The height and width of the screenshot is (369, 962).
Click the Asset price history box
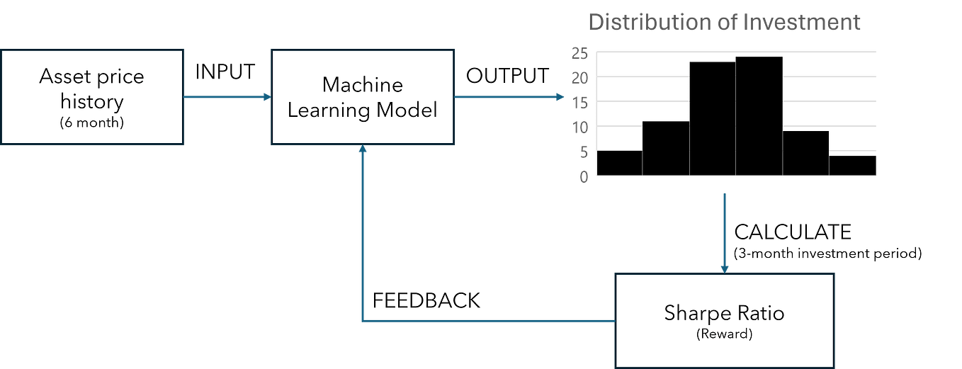coord(92,96)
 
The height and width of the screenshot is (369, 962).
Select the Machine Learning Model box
coord(362,96)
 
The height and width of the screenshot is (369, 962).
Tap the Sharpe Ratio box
coord(724,320)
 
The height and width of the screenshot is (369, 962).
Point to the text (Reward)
coord(724,334)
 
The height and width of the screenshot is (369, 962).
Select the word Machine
coord(362,85)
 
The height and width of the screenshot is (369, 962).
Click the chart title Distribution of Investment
coord(724,22)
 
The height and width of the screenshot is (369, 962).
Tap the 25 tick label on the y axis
coord(579,53)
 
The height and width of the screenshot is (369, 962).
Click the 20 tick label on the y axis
coord(579,78)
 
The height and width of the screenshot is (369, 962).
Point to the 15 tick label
coord(579,103)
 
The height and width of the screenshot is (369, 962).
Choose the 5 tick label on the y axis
coord(583,152)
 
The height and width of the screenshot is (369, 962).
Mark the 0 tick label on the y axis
coord(583,177)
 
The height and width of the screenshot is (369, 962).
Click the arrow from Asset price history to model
coord(227,97)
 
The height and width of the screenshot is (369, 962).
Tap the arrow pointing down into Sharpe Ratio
coord(724,234)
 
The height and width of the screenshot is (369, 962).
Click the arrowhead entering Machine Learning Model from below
coord(362,150)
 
